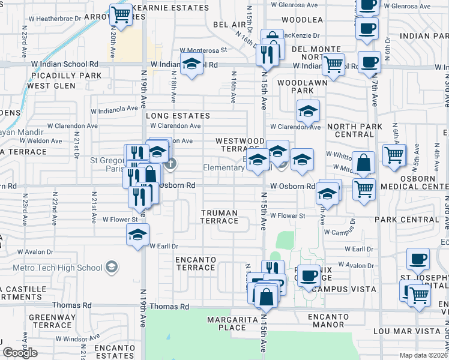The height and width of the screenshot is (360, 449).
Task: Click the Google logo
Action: (20, 352)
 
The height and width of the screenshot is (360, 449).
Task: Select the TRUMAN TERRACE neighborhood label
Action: (219, 217)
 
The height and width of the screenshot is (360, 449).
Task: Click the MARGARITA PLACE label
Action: (227, 323)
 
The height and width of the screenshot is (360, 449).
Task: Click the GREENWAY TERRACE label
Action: (52, 321)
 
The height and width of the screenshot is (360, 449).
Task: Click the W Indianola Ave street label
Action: (114, 110)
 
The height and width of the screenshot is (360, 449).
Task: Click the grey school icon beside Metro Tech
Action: (110, 266)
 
